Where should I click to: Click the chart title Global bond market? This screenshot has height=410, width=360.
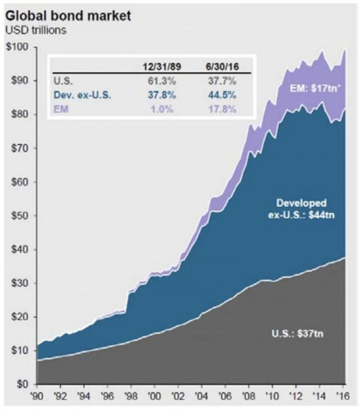click(x=68, y=15)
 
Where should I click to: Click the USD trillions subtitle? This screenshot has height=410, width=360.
click(x=36, y=30)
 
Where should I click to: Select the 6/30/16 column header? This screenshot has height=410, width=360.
click(x=222, y=67)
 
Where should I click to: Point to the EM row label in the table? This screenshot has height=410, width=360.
click(x=60, y=109)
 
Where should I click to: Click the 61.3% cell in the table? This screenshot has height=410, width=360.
click(x=161, y=80)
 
